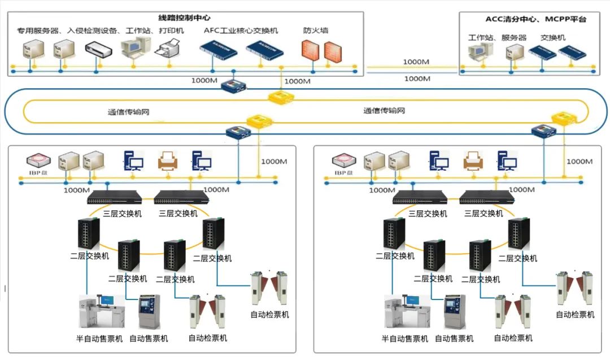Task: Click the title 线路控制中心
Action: pyautogui.click(x=185, y=18)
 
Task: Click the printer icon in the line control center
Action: pyautogui.click(x=169, y=50)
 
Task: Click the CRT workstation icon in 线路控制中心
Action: pyautogui.click(x=134, y=49)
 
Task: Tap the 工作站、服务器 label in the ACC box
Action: pyautogui.click(x=498, y=38)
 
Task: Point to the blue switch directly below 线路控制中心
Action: pyautogui.click(x=234, y=86)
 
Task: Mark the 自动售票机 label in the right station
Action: pyautogui.click(x=454, y=339)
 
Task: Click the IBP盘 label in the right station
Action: pyautogui.click(x=344, y=172)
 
